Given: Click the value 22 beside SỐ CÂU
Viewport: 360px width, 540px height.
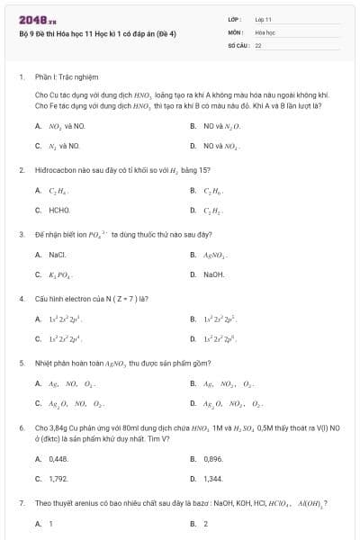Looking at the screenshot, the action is click(258, 44).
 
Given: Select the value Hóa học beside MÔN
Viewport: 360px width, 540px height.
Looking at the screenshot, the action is click(264, 31).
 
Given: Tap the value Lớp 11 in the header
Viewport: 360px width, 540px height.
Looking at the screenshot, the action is click(263, 18).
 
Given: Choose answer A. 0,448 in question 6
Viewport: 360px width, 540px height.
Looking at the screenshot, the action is click(52, 459).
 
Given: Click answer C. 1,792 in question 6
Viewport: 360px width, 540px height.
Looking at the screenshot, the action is click(52, 479).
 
